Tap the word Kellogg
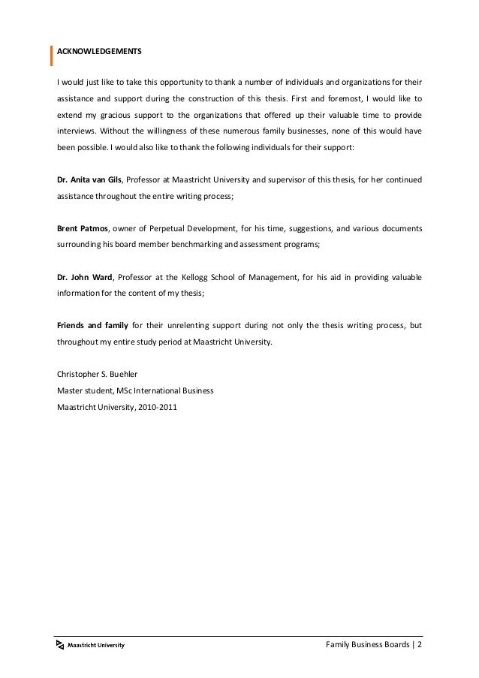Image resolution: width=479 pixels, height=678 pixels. [x=221, y=278]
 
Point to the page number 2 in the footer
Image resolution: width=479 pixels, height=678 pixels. [x=420, y=644]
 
